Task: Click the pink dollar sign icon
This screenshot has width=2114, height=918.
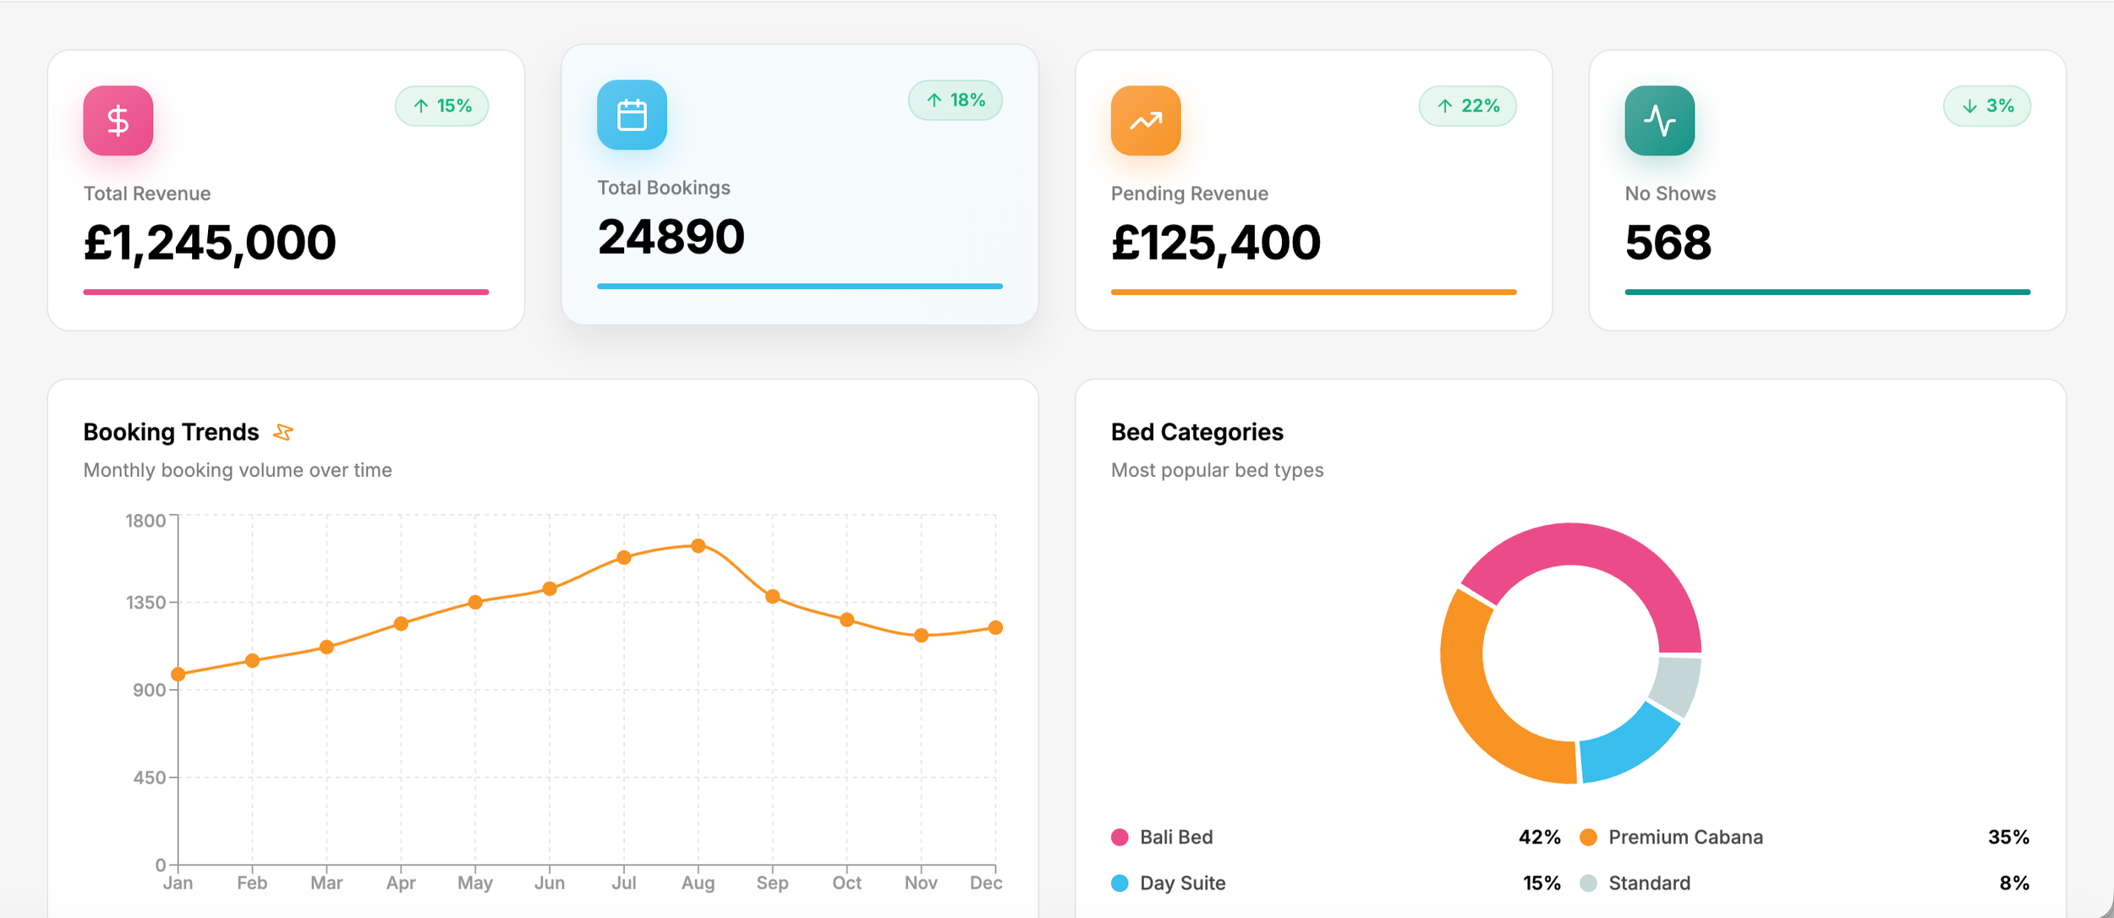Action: point(118,120)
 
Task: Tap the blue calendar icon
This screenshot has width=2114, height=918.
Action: point(632,115)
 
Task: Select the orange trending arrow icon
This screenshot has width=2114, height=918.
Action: point(1145,120)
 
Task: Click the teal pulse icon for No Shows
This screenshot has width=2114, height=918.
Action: point(1659,120)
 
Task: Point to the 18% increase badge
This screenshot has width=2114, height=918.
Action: point(955,101)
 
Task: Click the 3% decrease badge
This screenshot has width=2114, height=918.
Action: point(1986,106)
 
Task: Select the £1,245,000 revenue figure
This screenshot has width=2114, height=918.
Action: point(210,243)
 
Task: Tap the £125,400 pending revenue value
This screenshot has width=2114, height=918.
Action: point(1215,243)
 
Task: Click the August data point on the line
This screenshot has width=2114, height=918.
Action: point(698,546)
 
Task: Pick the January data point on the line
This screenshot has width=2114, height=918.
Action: point(178,674)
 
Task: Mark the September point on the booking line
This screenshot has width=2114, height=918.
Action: point(772,597)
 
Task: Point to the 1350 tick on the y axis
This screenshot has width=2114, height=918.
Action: point(146,603)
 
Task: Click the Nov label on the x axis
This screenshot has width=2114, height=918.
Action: point(921,882)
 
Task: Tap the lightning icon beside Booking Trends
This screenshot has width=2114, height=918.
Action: point(283,432)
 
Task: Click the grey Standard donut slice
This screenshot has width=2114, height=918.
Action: point(1676,686)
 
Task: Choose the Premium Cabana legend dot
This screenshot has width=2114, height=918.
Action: point(1588,837)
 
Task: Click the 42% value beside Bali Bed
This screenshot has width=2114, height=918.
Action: point(1539,837)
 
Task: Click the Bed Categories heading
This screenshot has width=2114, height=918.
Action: point(1197,432)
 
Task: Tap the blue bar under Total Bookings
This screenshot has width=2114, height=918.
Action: point(799,287)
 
